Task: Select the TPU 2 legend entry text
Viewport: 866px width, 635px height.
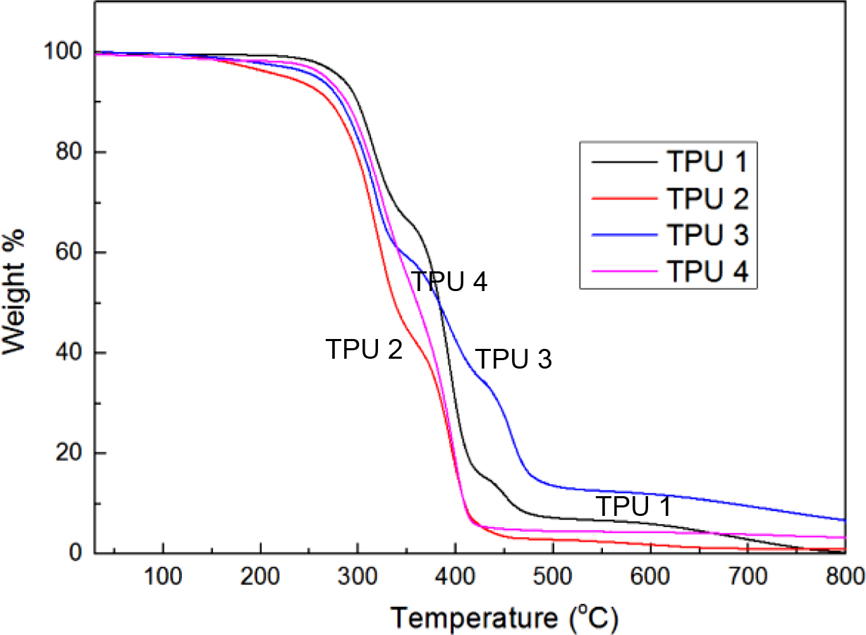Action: [x=705, y=199]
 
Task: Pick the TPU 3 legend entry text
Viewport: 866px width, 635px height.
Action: [x=705, y=235]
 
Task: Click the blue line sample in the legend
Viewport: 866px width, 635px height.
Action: [x=624, y=235]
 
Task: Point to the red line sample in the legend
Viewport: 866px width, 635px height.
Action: [x=624, y=199]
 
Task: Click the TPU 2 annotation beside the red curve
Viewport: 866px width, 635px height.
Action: [x=364, y=349]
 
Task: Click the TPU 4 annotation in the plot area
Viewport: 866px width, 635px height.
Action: [x=450, y=282]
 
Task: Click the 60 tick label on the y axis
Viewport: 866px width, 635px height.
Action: [x=71, y=252]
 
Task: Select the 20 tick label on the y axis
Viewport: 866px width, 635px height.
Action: [x=71, y=453]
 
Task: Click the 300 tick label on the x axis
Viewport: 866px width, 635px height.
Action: [x=358, y=575]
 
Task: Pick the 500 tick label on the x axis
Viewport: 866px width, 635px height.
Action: [x=552, y=575]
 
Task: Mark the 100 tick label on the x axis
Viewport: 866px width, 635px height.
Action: [x=163, y=575]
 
